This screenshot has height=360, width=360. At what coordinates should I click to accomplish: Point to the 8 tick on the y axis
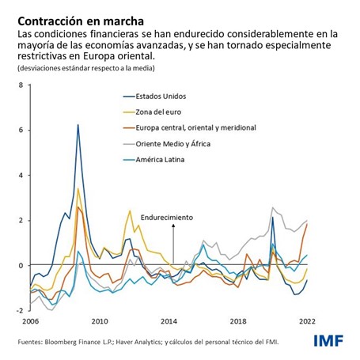click(x=21, y=84)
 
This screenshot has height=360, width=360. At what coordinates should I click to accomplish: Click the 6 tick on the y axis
click(x=21, y=130)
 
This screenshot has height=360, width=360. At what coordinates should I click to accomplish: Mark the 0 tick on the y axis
click(x=21, y=266)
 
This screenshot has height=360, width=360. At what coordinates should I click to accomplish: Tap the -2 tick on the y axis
click(x=20, y=311)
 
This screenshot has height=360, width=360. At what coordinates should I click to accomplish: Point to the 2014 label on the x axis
click(x=169, y=322)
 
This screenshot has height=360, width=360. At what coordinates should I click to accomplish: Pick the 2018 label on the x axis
click(x=238, y=322)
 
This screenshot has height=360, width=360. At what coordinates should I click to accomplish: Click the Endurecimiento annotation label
click(x=166, y=216)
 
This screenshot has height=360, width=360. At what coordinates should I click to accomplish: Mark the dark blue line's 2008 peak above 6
click(x=78, y=125)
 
